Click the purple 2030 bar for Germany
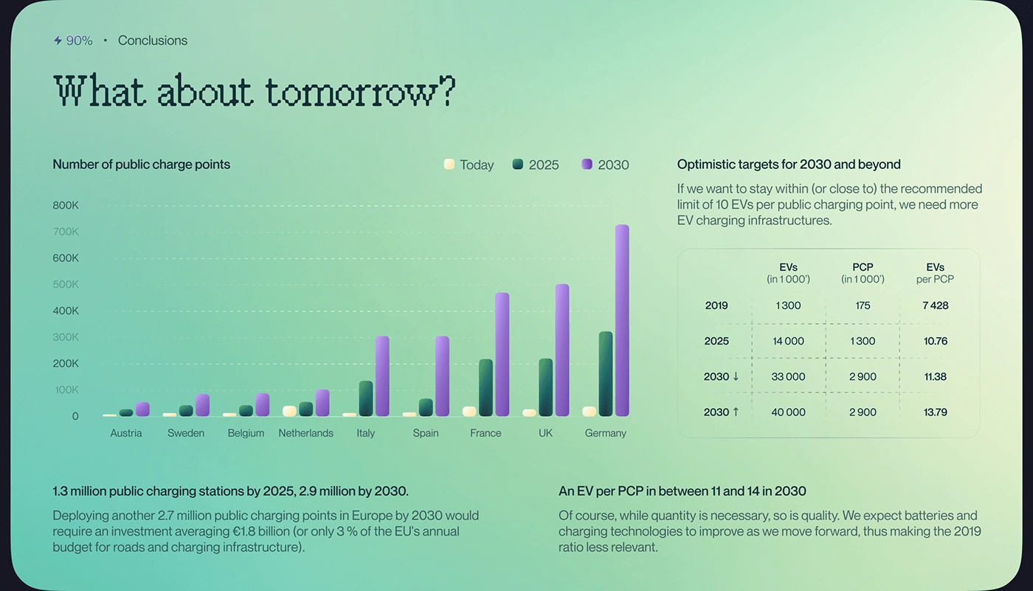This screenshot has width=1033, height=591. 622,321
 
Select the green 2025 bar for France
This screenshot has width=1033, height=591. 486,388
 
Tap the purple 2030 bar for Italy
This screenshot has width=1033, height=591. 382,376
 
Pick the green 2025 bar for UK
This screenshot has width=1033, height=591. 546,388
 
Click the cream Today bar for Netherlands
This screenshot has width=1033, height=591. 289,412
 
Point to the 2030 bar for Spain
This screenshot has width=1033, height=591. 442,376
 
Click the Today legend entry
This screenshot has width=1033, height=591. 469,165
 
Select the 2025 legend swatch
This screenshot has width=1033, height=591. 518,165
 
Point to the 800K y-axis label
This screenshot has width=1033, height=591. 66,205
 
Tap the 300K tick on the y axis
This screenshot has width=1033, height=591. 66,337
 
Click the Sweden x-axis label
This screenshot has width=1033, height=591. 186,433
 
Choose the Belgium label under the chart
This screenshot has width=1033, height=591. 246,433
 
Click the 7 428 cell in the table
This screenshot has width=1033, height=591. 936,305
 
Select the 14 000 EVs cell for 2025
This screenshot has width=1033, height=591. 788,341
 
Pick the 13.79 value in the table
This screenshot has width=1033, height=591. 936,412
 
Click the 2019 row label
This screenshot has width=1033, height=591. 716,305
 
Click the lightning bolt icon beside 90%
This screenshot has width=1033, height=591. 58,41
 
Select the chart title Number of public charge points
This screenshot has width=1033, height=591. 142,165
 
